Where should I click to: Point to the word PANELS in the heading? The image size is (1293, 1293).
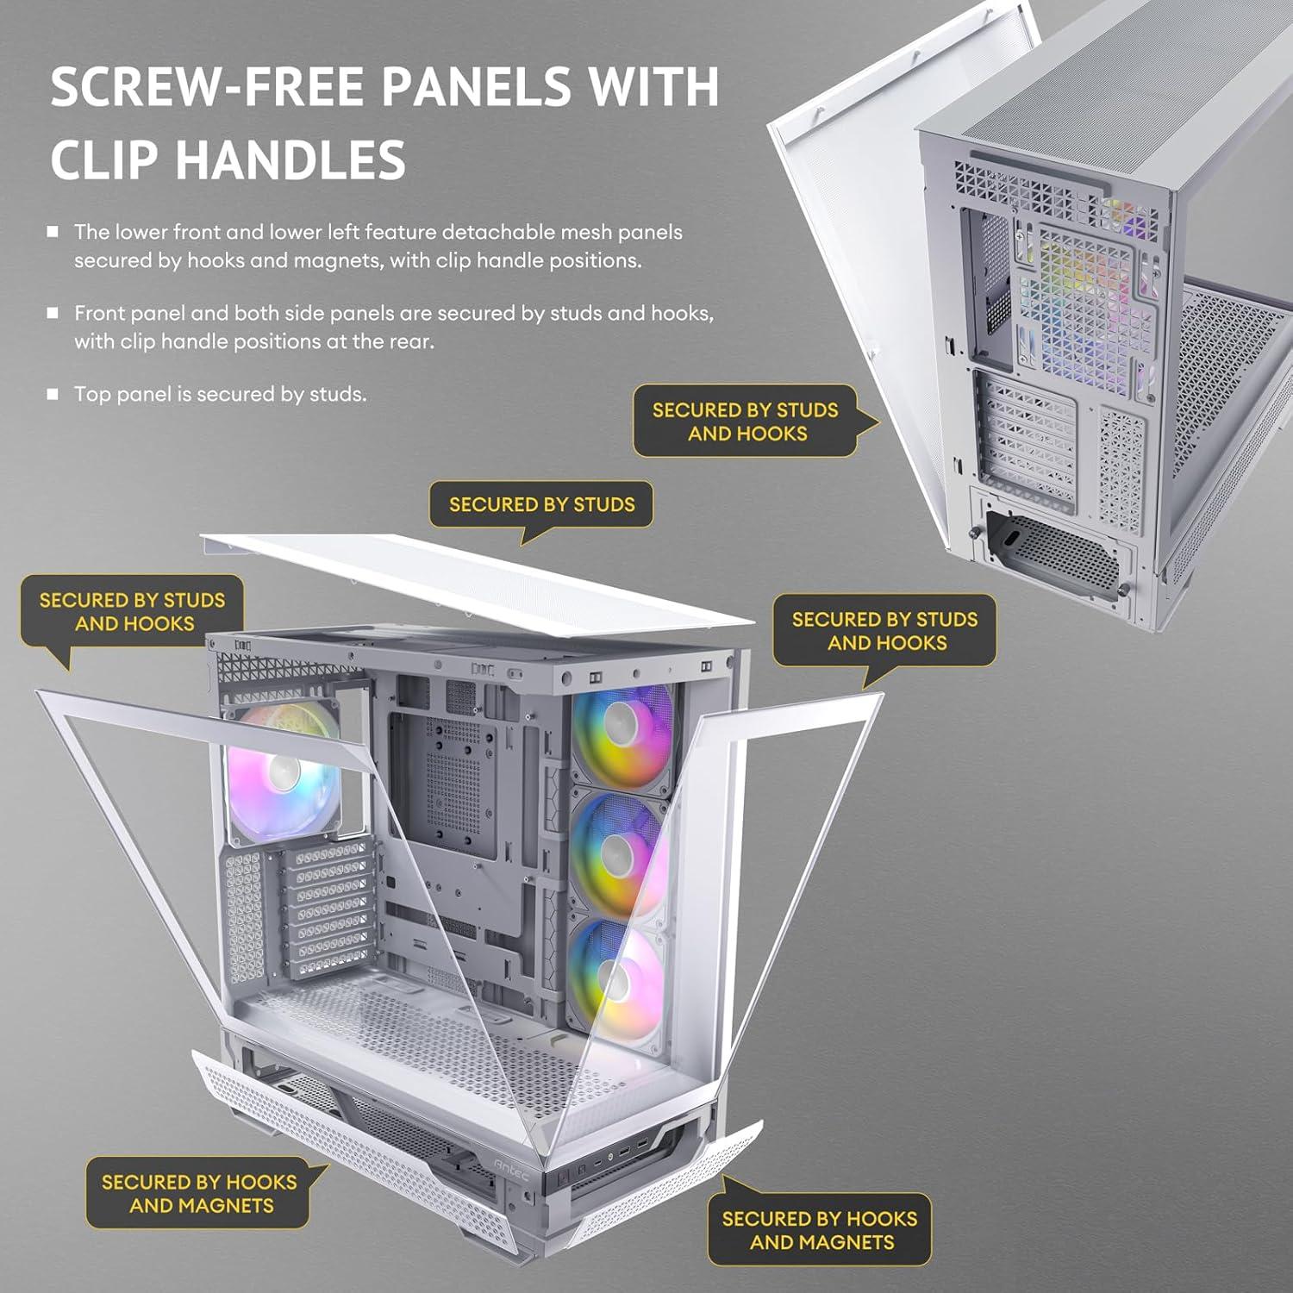pos(475,87)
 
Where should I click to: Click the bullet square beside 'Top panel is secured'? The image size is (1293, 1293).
pos(53,394)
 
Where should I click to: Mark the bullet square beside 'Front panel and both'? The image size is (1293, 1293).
pos(53,313)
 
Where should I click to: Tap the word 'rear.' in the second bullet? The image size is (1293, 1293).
pos(412,341)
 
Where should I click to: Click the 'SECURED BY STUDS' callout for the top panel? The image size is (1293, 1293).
pos(541,505)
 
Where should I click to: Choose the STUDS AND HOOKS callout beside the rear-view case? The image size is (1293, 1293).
pos(746,422)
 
